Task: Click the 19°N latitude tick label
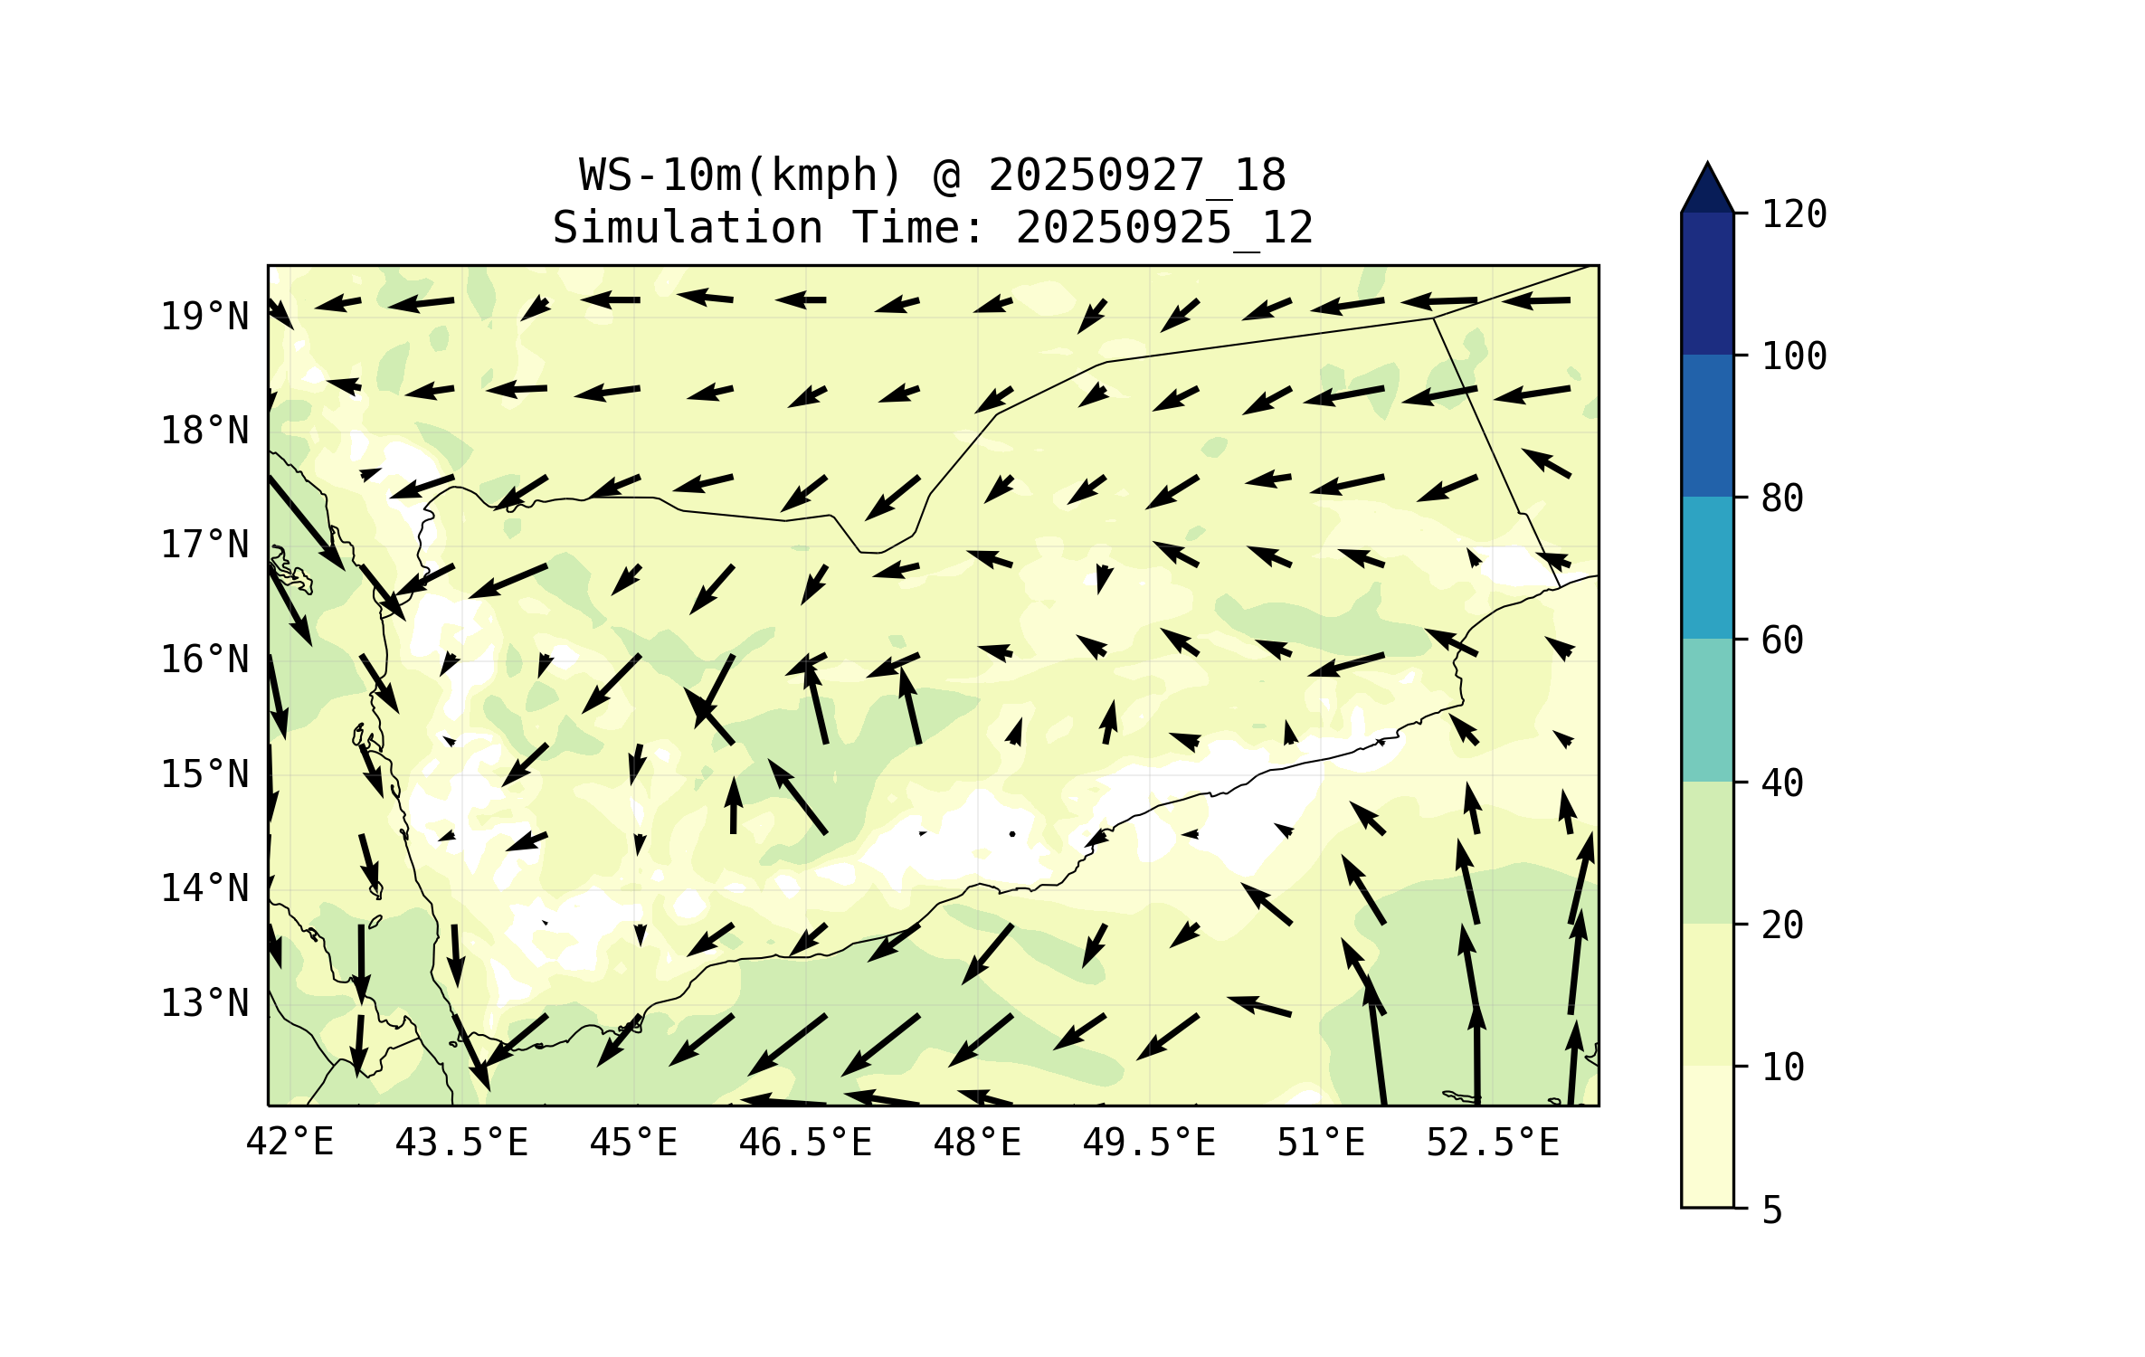click(x=204, y=317)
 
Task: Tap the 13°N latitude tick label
click(x=204, y=1003)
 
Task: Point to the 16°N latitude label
click(x=204, y=660)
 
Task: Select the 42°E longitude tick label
click(x=289, y=1143)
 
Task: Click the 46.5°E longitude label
click(x=805, y=1143)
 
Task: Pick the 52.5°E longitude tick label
click(x=1493, y=1143)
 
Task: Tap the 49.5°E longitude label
click(x=1149, y=1143)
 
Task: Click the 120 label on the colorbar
click(x=1794, y=214)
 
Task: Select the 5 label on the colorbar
click(x=1772, y=1210)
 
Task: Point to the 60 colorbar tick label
click(x=1782, y=641)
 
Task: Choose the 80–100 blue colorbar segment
click(x=1707, y=425)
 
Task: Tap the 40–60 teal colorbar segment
click(x=1707, y=710)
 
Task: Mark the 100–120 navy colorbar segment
click(x=1707, y=283)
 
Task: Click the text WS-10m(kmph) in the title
click(x=741, y=175)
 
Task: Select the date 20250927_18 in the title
click(x=1136, y=175)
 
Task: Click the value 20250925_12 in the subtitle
click(x=1164, y=227)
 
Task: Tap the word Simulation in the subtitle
click(x=688, y=227)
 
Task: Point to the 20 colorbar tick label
click(x=1782, y=925)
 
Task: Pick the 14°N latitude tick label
click(x=204, y=888)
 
